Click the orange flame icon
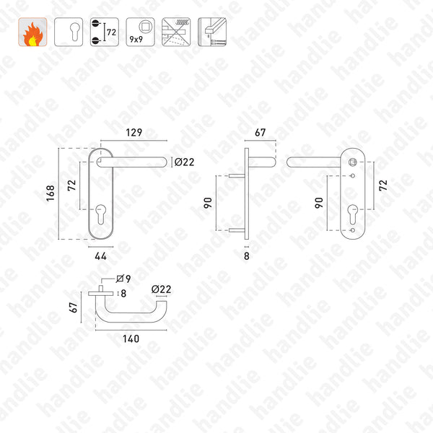click(32, 32)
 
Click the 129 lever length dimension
click(131, 134)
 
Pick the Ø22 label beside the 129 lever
click(185, 162)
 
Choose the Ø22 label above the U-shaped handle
click(161, 290)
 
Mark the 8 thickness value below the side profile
click(246, 254)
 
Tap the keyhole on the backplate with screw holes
click(354, 214)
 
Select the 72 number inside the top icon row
click(111, 32)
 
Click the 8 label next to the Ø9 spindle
click(123, 293)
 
